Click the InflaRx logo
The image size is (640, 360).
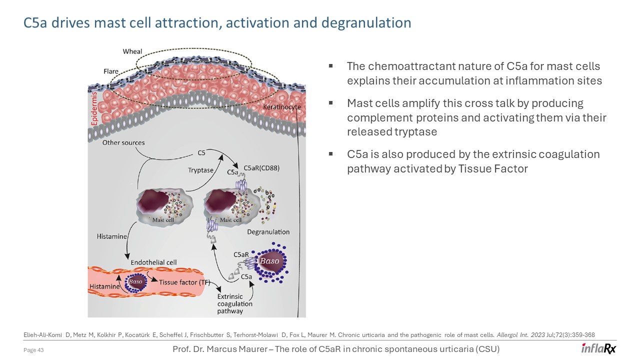(598, 348)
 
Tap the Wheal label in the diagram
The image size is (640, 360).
(132, 51)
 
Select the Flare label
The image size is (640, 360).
(111, 71)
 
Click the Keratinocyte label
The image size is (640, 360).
(282, 107)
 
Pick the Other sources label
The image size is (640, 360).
(123, 143)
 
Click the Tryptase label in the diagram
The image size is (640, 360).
(200, 170)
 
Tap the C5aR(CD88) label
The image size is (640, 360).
(261, 168)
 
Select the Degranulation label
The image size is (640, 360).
(268, 232)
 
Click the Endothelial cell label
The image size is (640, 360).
(153, 262)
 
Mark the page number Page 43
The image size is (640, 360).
(34, 350)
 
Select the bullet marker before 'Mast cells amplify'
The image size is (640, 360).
(331, 102)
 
